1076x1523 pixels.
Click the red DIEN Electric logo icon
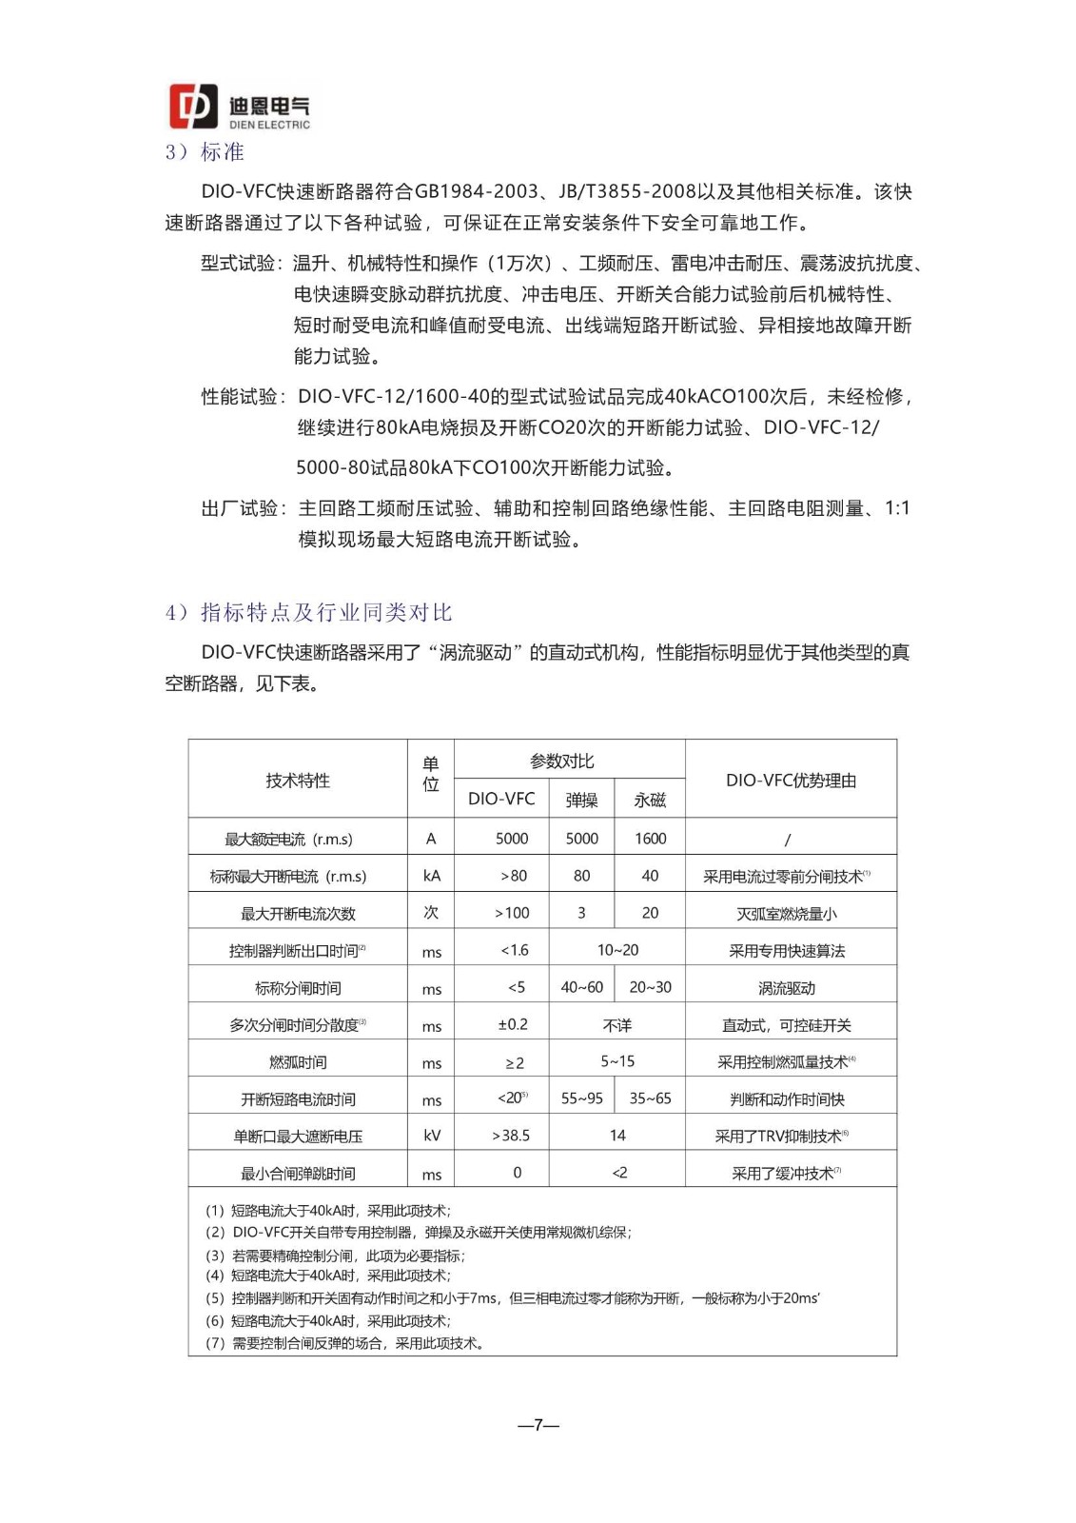pyautogui.click(x=193, y=106)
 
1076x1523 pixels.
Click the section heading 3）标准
pyautogui.click(x=205, y=152)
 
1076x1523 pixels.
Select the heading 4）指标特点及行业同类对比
pyautogui.click(x=308, y=612)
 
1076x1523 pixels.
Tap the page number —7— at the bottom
pyautogui.click(x=538, y=1425)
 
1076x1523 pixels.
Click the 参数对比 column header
pyautogui.click(x=561, y=761)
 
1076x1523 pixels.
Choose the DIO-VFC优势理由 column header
pyautogui.click(x=791, y=781)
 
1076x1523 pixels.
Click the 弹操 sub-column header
pyautogui.click(x=581, y=800)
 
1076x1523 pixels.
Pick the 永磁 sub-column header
pyautogui.click(x=650, y=800)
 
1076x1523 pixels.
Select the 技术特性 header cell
pyautogui.click(x=298, y=781)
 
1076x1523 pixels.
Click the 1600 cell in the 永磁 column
pyautogui.click(x=650, y=839)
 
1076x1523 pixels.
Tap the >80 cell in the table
pyautogui.click(x=513, y=876)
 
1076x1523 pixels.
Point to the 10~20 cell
pyautogui.click(x=617, y=950)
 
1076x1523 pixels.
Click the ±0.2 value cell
pyautogui.click(x=513, y=1024)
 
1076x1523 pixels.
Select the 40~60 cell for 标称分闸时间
pyautogui.click(x=581, y=987)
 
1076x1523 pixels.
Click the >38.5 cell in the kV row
pyautogui.click(x=511, y=1136)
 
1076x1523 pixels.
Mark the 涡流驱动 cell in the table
pyautogui.click(x=787, y=988)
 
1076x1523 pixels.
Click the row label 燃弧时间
pyautogui.click(x=298, y=1062)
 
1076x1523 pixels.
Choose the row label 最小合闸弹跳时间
pyautogui.click(x=298, y=1174)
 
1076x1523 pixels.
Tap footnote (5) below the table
pyautogui.click(x=513, y=1298)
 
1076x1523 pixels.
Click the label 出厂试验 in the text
pyautogui.click(x=240, y=508)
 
